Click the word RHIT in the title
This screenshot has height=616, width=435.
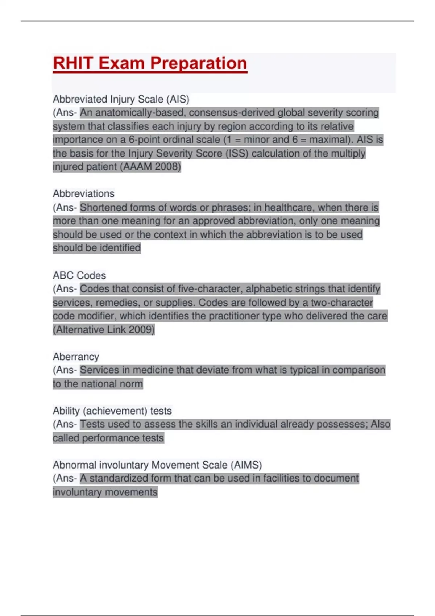(73, 63)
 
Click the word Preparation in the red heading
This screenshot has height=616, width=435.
(199, 63)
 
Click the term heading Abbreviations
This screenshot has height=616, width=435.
(83, 193)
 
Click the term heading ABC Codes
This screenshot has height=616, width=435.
(79, 275)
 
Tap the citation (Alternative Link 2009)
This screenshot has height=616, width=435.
(104, 329)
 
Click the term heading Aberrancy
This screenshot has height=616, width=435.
(76, 357)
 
